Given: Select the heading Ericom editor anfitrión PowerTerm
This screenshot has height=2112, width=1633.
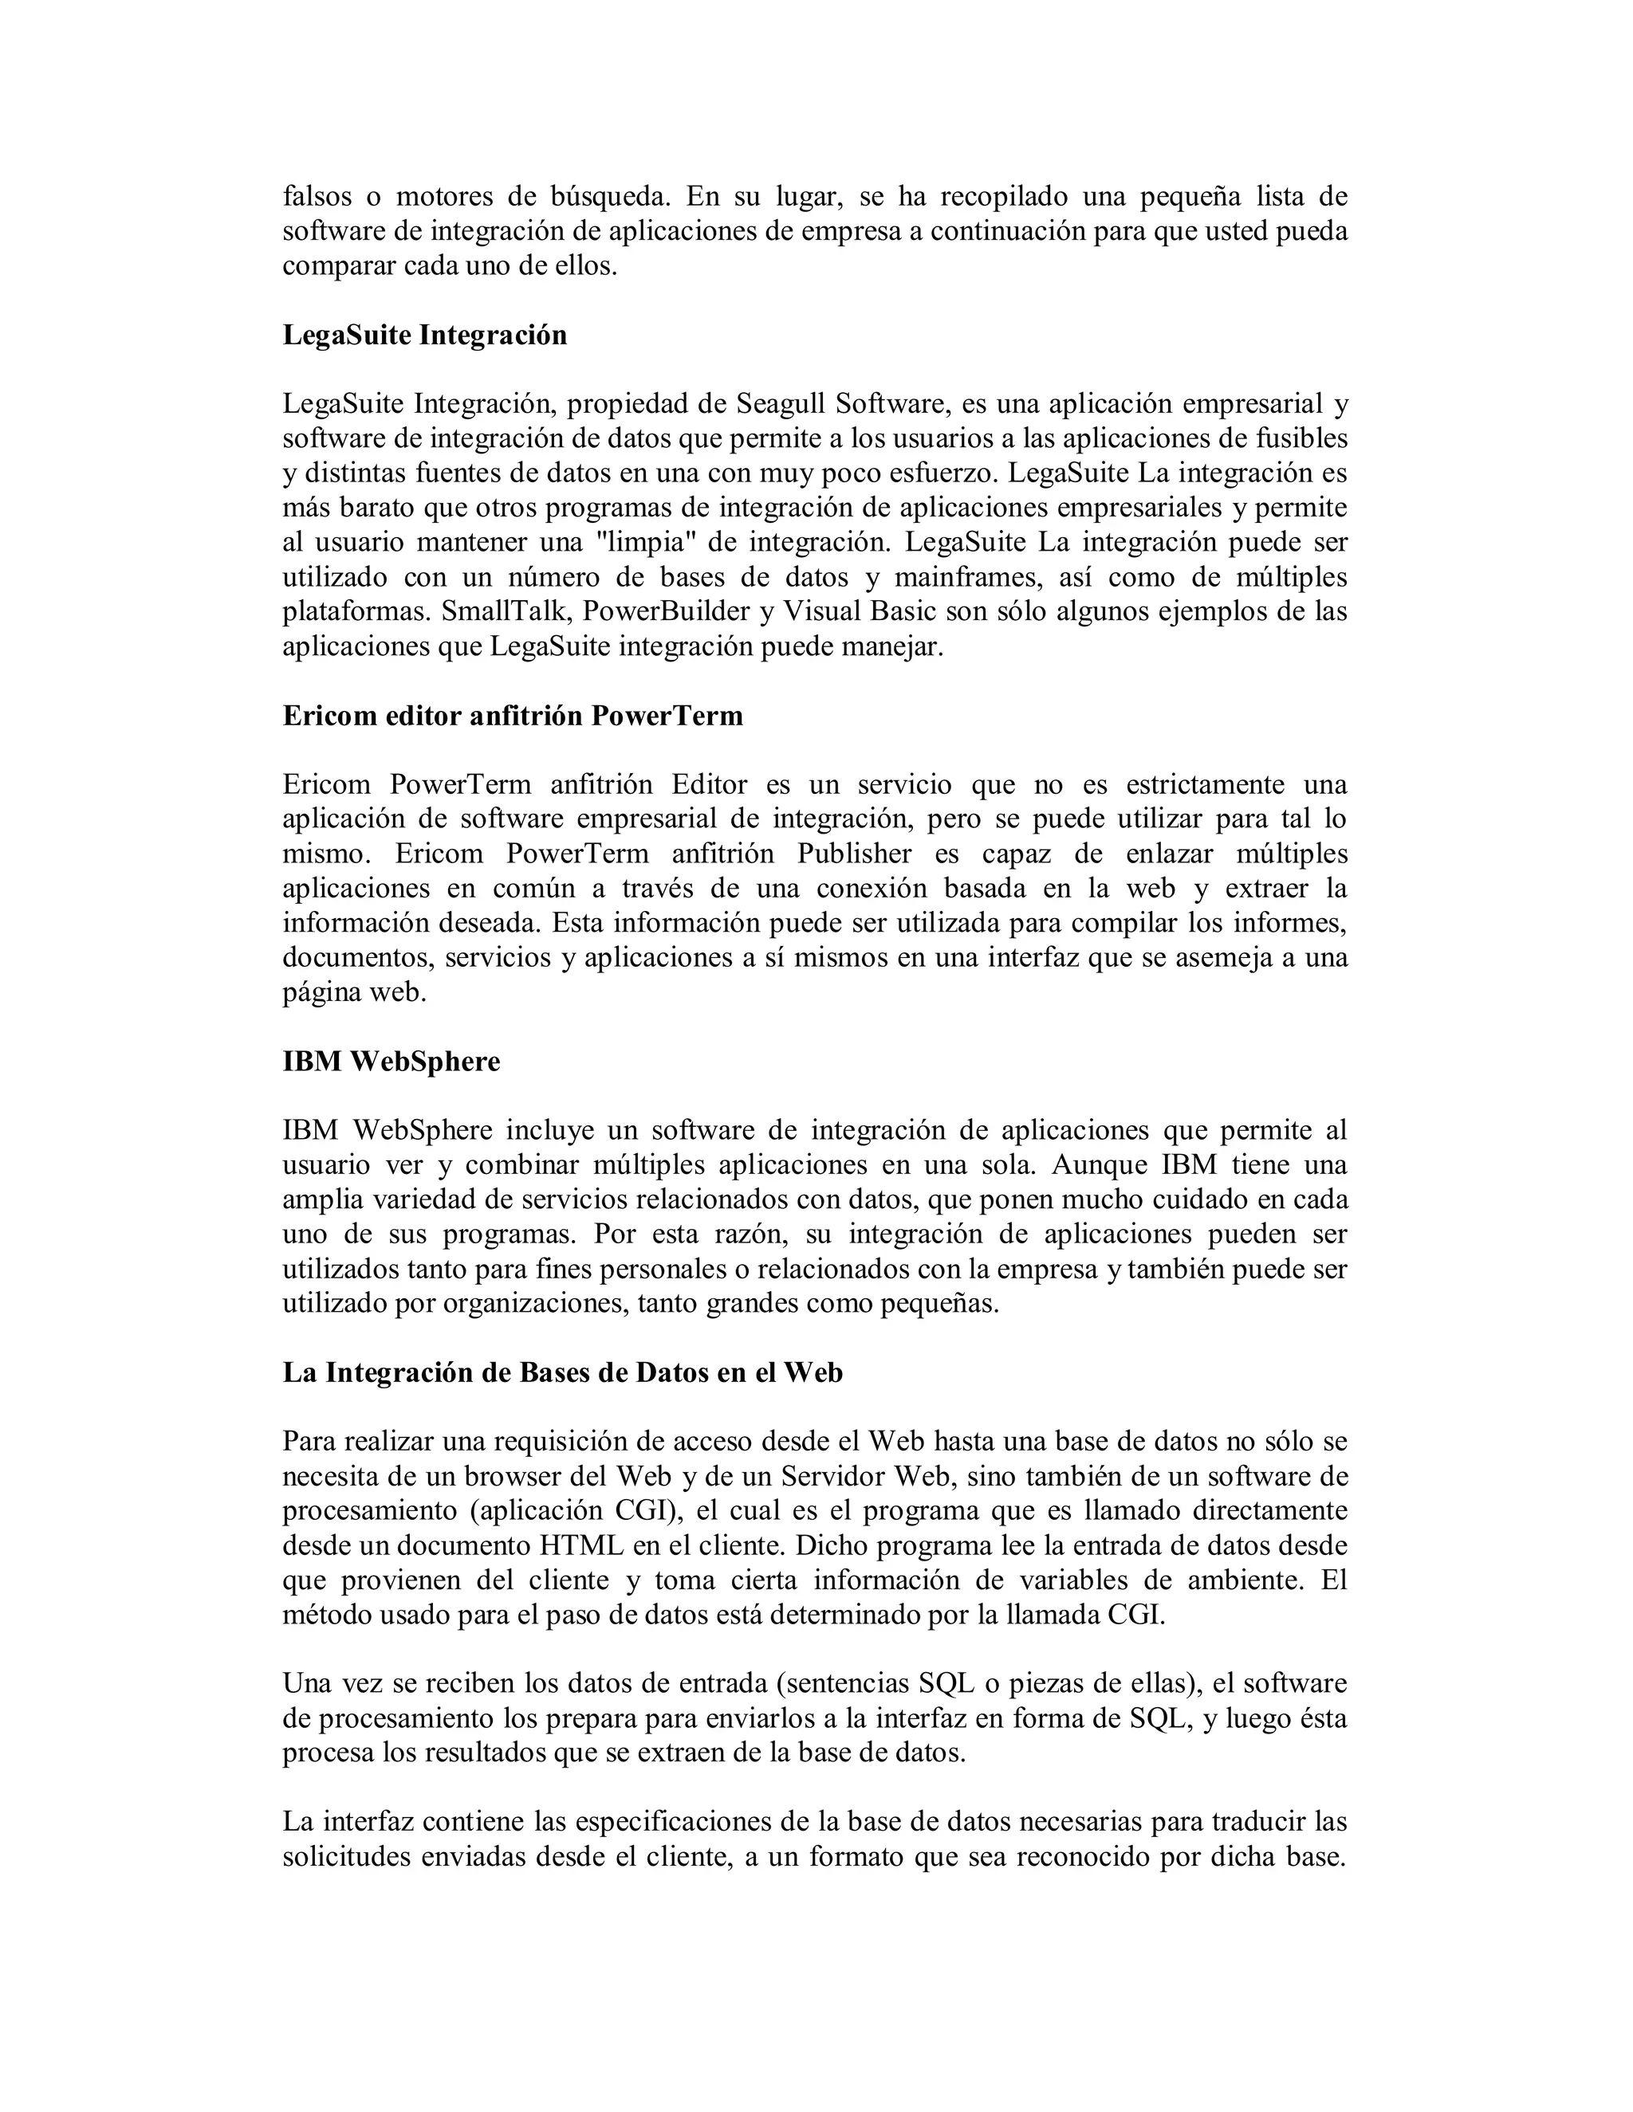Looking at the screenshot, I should (513, 716).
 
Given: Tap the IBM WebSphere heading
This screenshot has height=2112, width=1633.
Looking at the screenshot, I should (391, 1062).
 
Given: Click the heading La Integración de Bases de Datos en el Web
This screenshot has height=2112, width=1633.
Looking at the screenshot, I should (562, 1373).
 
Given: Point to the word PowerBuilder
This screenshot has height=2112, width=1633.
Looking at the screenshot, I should (671, 612).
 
